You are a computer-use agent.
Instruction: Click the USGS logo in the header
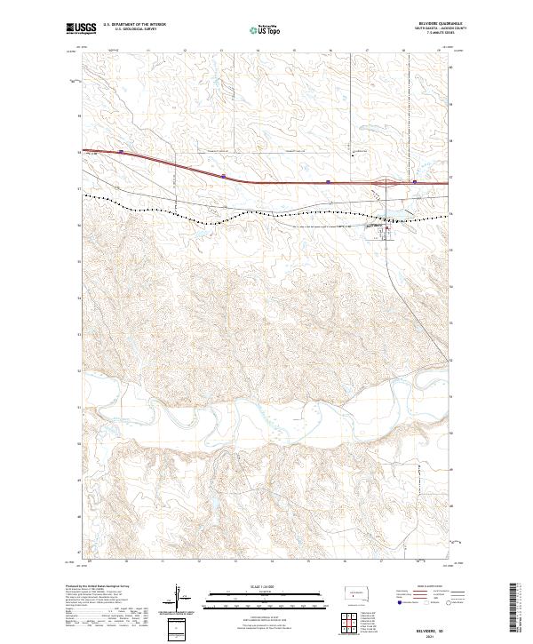[81, 28]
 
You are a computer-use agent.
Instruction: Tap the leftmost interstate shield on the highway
[121, 152]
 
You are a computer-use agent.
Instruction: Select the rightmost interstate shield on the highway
[414, 184]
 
